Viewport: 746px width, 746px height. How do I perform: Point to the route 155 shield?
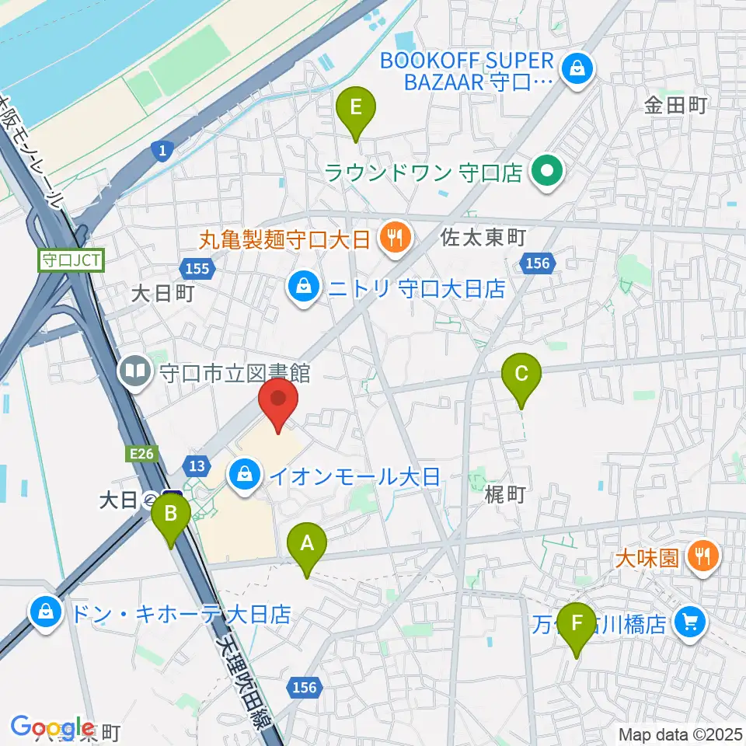point(198,268)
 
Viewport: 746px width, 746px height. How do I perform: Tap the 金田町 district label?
point(675,106)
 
